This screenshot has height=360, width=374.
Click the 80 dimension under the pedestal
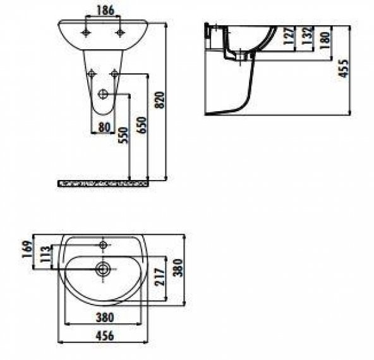(104, 126)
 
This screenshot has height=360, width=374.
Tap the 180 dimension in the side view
(325, 42)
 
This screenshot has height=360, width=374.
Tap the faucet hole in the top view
(104, 243)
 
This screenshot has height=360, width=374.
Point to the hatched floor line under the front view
(103, 183)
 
